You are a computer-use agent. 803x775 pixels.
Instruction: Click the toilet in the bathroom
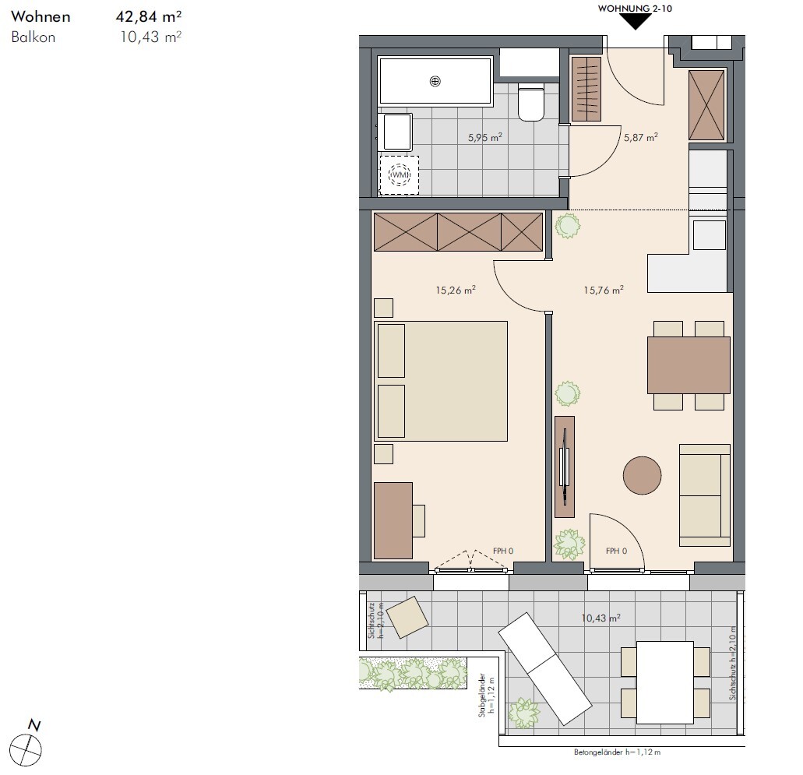[530, 102]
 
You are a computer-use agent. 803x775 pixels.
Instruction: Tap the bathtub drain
[435, 81]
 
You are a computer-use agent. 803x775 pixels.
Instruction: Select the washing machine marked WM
[399, 175]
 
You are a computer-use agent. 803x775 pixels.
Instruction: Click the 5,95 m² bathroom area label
[484, 137]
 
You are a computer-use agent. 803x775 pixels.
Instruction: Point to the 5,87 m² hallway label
[641, 137]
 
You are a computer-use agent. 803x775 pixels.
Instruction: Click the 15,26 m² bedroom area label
[456, 290]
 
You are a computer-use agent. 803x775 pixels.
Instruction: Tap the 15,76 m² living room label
[604, 290]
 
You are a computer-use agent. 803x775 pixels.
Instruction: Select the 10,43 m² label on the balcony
[600, 618]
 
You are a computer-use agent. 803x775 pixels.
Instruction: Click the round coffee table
[643, 476]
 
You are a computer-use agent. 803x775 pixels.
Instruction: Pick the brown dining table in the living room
[689, 365]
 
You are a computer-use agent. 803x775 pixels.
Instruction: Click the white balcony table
[664, 682]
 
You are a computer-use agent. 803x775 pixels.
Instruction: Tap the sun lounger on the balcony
[545, 668]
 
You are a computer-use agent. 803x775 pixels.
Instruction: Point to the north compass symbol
[26, 745]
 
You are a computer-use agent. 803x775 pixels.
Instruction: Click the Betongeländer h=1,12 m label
[617, 752]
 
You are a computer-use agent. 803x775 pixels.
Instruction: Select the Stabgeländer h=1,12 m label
[485, 695]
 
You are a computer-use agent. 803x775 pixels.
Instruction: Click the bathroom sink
[394, 132]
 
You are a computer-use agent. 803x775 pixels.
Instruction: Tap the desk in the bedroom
[393, 520]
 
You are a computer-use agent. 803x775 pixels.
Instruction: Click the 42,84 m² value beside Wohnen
[149, 16]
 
